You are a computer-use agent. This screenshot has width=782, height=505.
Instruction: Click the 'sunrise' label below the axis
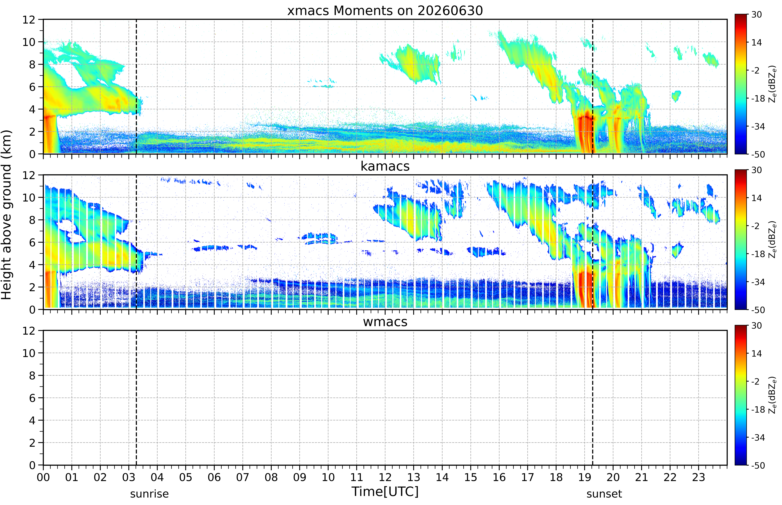(x=149, y=494)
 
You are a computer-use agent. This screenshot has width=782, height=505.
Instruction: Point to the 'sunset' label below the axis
(x=604, y=494)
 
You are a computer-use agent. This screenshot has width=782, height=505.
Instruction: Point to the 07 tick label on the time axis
(x=243, y=477)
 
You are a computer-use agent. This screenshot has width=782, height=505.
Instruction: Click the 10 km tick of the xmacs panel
(x=29, y=42)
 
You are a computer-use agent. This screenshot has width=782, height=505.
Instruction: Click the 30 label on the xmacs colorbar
(x=756, y=15)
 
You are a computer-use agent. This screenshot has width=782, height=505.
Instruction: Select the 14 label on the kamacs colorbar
(x=756, y=198)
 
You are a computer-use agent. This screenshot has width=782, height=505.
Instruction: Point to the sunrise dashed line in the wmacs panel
(x=136, y=398)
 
